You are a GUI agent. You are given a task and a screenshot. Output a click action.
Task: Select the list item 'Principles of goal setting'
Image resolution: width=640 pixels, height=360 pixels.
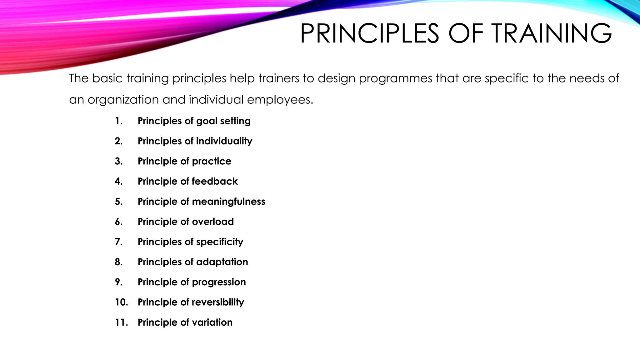(194, 121)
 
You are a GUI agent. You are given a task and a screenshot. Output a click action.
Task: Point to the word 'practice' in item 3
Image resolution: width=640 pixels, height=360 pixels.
(212, 161)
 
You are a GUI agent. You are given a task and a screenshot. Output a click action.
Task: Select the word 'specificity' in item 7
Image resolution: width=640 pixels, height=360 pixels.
(220, 242)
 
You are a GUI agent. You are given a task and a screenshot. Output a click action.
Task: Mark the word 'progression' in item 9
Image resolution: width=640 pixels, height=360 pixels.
(219, 282)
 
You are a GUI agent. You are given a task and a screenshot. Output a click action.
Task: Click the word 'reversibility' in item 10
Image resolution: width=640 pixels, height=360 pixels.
(218, 302)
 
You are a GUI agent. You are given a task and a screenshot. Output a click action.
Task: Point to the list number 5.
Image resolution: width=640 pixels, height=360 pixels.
(118, 202)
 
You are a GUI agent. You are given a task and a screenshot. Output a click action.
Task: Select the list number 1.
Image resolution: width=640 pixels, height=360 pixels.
(118, 121)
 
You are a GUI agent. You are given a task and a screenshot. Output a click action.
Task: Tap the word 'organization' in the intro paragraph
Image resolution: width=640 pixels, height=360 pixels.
(123, 100)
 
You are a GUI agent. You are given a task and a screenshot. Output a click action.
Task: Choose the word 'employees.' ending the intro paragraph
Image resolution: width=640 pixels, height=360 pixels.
(280, 100)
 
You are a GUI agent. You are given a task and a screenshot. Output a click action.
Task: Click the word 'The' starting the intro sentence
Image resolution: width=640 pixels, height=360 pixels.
(79, 78)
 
